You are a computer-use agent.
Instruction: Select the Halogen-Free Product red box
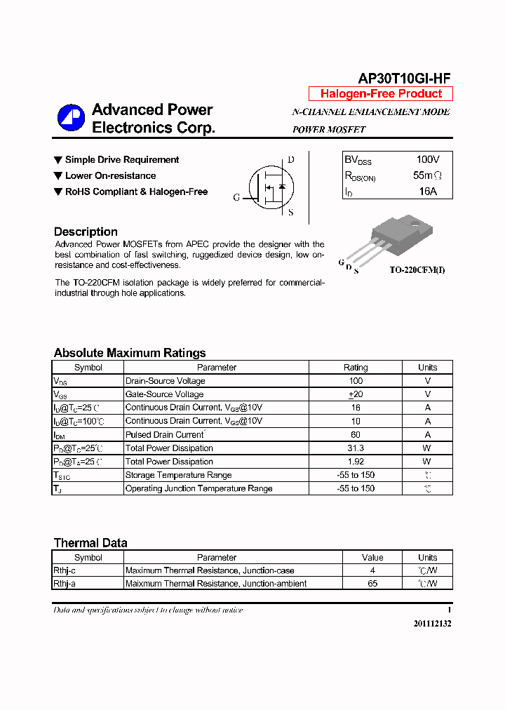tap(381, 94)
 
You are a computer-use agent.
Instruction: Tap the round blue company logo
tap(71, 118)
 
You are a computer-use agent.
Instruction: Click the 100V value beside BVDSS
tap(428, 160)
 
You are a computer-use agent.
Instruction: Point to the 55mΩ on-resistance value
tap(428, 175)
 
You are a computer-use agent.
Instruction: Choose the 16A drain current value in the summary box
tap(428, 191)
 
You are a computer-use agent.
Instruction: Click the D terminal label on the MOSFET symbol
tap(291, 160)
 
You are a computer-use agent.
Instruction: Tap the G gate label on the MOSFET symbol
tap(236, 197)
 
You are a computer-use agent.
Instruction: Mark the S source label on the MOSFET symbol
tap(291, 213)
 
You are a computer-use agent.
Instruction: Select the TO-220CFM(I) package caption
tap(417, 270)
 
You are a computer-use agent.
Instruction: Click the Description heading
tap(86, 232)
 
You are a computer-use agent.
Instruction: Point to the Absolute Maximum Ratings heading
tap(130, 353)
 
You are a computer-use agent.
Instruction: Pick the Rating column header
tap(356, 367)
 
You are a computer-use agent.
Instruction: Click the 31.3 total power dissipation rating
tap(356, 448)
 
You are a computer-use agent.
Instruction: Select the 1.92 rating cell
tap(356, 462)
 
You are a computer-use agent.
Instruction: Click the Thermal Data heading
tap(90, 542)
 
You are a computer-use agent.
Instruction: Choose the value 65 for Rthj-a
tap(372, 584)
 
